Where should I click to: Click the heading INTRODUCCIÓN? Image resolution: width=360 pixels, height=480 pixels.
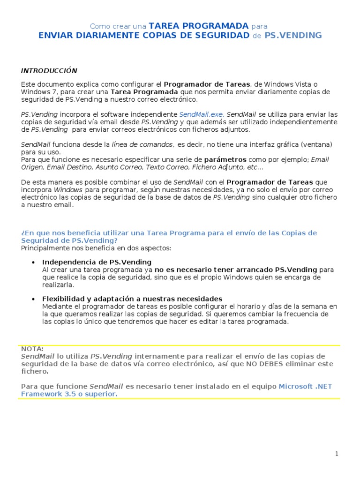pos(49,71)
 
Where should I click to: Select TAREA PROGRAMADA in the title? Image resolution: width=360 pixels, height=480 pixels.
pos(198,26)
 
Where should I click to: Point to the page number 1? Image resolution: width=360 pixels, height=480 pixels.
pos(337,454)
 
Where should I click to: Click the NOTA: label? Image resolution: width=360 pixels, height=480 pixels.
pos(32,349)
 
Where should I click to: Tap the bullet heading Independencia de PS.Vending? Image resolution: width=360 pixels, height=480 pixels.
pos(97,262)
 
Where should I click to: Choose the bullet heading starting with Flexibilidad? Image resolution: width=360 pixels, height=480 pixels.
pos(132,299)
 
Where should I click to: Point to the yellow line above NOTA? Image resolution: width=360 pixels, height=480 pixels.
pos(180,345)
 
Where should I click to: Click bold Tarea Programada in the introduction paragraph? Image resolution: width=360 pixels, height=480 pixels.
pos(144,91)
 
